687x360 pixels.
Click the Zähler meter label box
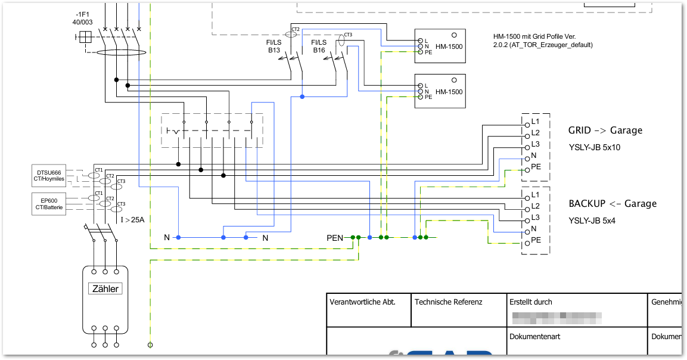[x=105, y=289]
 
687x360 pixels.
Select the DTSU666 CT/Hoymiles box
[x=49, y=175]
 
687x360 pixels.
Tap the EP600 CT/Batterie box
[x=49, y=203]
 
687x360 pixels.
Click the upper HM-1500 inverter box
[x=440, y=46]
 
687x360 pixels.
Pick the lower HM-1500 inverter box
[x=440, y=91]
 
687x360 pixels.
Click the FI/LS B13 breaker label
[x=274, y=46]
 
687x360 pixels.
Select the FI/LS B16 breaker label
[x=319, y=46]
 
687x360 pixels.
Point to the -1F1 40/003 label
[x=83, y=18]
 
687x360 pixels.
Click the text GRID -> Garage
[x=605, y=131]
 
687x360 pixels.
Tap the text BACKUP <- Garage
[x=613, y=204]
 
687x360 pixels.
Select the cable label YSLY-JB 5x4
[x=592, y=221]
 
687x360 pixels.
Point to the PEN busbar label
[x=335, y=238]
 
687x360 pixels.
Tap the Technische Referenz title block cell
[x=448, y=302]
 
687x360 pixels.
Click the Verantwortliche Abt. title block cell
[x=362, y=302]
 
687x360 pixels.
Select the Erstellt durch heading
[x=531, y=302]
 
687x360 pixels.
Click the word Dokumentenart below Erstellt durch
[x=534, y=337]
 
